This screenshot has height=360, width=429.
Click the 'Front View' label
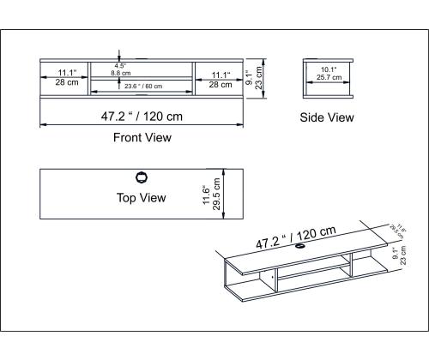(142, 137)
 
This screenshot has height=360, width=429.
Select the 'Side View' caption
(326, 118)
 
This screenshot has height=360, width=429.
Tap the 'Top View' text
(141, 198)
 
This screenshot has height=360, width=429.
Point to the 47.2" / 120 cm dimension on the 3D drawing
(295, 237)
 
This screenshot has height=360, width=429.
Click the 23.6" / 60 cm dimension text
(142, 86)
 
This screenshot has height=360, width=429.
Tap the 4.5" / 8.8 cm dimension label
(120, 69)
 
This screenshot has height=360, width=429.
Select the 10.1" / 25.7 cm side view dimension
(328, 74)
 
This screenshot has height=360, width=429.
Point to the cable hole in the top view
(142, 177)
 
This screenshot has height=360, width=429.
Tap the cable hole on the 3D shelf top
(301, 249)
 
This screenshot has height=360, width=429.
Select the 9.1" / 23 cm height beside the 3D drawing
(399, 256)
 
